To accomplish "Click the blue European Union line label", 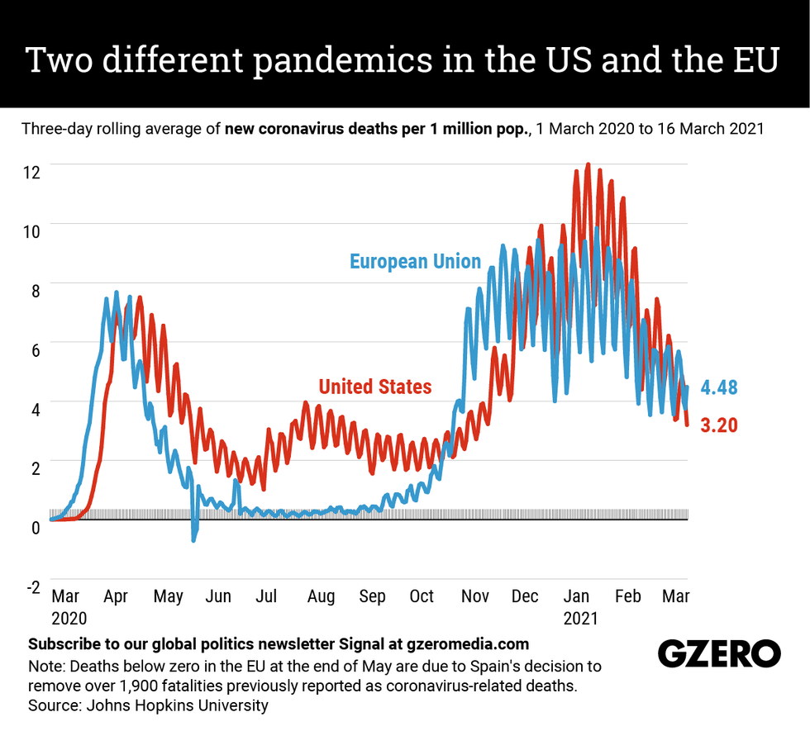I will (415, 262).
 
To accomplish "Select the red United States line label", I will (375, 386).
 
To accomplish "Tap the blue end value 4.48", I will (719, 387).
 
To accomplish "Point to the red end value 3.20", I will (719, 425).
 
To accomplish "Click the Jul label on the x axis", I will (266, 596).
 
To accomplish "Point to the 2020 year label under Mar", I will (69, 618).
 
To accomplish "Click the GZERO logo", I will (719, 653).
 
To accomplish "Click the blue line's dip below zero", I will (194, 538).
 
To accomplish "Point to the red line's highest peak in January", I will (588, 164).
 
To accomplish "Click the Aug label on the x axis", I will (321, 596).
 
